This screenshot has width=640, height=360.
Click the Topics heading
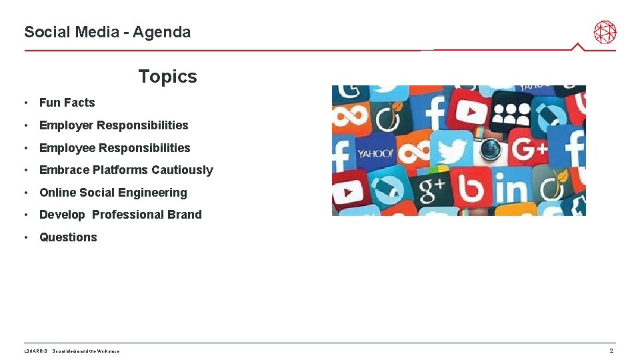(x=167, y=77)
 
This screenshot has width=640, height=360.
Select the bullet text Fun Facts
(x=67, y=103)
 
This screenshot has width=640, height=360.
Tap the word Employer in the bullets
(x=67, y=125)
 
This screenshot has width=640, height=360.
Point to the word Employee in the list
(x=67, y=148)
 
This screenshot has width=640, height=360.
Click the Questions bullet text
(x=68, y=237)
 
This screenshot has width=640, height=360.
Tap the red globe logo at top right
(x=605, y=31)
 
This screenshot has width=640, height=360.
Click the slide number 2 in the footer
(x=611, y=351)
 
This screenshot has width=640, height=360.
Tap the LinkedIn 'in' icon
(x=510, y=190)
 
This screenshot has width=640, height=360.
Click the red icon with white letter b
(x=473, y=189)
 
